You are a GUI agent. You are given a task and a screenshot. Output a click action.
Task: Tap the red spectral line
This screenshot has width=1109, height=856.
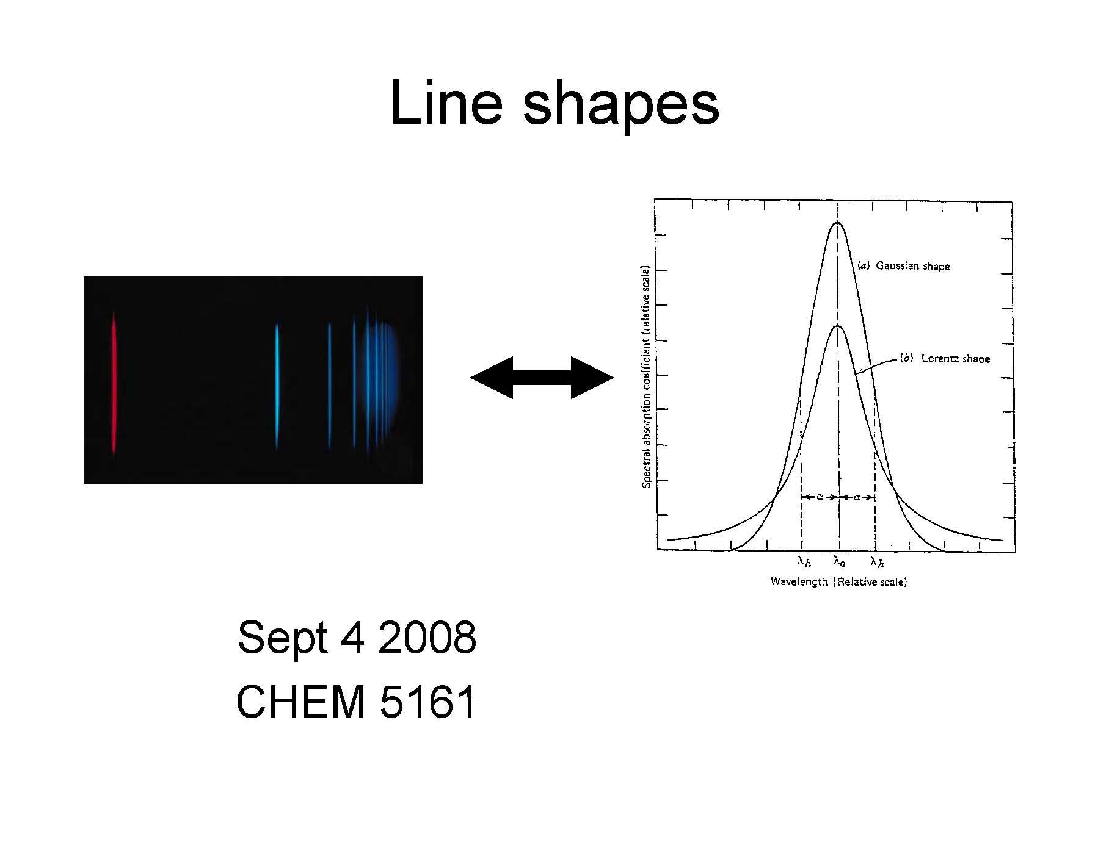click(114, 383)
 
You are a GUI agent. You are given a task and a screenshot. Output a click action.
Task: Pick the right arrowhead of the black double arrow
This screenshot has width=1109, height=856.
click(592, 378)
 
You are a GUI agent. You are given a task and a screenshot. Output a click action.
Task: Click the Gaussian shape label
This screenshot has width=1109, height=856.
click(904, 265)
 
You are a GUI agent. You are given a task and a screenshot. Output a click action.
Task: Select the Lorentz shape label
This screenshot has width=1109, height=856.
click(945, 358)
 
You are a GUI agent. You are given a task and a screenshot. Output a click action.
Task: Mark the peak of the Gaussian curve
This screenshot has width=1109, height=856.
click(837, 223)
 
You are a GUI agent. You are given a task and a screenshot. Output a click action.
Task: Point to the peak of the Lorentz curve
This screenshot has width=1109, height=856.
click(837, 326)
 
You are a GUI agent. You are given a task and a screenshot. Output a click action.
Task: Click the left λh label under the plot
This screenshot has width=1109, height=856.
click(804, 561)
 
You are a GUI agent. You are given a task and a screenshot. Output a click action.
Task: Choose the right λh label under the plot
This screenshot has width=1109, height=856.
click(877, 561)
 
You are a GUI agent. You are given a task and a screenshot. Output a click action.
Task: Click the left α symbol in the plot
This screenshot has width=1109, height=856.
click(820, 497)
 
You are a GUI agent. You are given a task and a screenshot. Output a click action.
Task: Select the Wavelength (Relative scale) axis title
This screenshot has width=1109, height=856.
click(838, 581)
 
